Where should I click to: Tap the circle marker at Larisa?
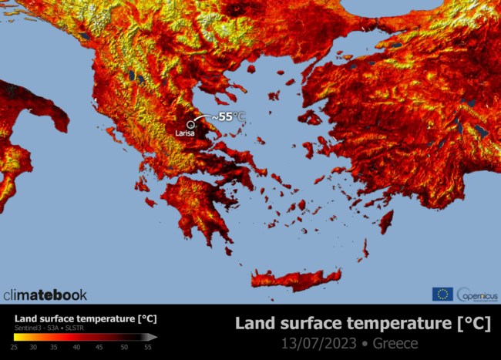[190, 123]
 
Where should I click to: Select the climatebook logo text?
[45, 294]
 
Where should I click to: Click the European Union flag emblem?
[442, 294]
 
